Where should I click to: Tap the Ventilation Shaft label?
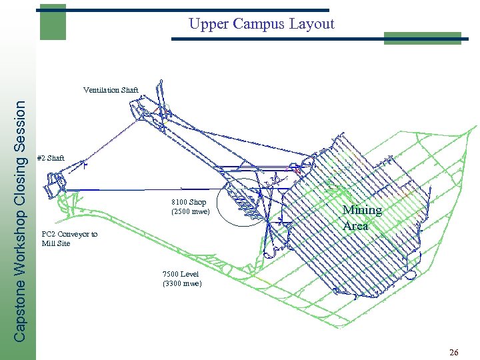(x=111, y=89)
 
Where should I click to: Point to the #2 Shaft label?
(x=51, y=158)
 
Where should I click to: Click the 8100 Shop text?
(x=189, y=202)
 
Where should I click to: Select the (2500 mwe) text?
(x=191, y=212)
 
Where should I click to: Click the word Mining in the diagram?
(x=362, y=211)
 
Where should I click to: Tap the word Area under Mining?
(x=355, y=225)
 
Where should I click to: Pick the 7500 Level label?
(x=180, y=274)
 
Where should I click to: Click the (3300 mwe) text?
(x=181, y=284)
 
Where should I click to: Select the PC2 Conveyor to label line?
(x=69, y=234)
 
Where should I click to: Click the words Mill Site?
(x=55, y=243)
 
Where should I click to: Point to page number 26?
(x=453, y=352)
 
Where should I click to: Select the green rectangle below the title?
(x=423, y=38)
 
